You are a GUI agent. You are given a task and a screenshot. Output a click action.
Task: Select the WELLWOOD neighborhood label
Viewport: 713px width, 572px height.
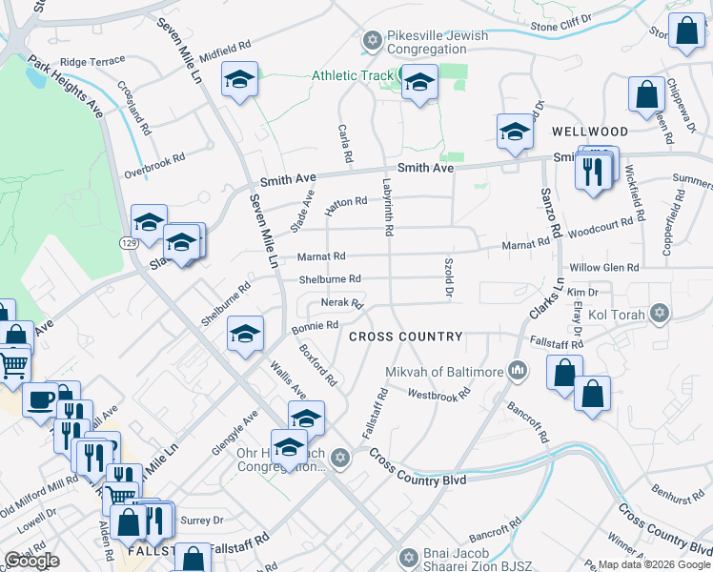point(589,132)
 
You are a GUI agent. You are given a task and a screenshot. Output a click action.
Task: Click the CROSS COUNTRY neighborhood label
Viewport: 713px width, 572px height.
point(405,337)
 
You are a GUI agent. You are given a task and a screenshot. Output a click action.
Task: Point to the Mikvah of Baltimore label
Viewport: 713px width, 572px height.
point(443,371)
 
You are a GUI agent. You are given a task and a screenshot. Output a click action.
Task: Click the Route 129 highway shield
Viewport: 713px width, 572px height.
point(127,244)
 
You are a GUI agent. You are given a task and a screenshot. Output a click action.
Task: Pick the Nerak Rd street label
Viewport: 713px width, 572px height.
point(343,303)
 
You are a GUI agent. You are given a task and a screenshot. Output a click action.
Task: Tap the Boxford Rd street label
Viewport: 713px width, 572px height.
point(317,366)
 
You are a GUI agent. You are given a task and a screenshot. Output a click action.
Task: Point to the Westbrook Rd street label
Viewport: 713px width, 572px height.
point(439,393)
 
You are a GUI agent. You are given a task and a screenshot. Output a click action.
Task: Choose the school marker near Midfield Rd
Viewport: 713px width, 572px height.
point(240,81)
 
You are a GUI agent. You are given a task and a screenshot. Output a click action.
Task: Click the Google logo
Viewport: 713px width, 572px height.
point(31,561)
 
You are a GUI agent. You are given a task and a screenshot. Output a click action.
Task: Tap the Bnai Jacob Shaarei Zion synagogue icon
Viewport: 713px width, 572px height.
point(408,556)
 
